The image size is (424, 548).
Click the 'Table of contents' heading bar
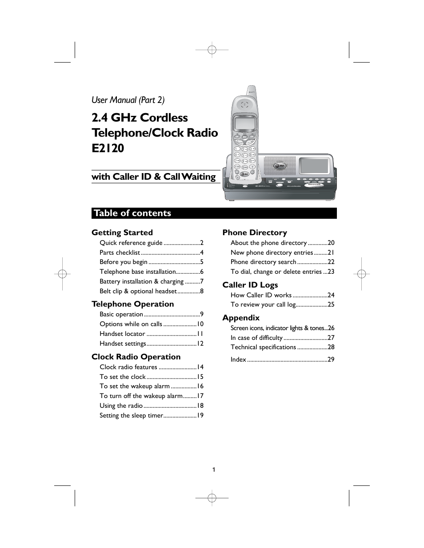point(214,213)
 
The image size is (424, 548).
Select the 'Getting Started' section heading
point(122,233)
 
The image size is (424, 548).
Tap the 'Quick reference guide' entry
point(131,243)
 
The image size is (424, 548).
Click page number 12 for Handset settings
point(200,343)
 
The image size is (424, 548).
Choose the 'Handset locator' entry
point(122,334)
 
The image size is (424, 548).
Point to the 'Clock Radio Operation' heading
point(136,357)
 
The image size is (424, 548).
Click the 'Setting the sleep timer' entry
point(131,415)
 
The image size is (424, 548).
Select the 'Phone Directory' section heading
point(255,233)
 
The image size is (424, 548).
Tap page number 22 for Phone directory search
point(331,262)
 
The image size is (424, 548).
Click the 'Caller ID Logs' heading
point(250,285)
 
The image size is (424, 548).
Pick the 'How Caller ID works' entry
point(261,295)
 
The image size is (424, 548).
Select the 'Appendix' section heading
point(241,318)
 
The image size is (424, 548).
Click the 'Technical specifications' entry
point(263,347)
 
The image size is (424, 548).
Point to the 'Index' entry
point(238,359)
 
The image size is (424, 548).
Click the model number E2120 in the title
point(108,148)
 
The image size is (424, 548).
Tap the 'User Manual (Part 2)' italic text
point(128,100)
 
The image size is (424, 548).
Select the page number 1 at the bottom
point(214,469)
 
